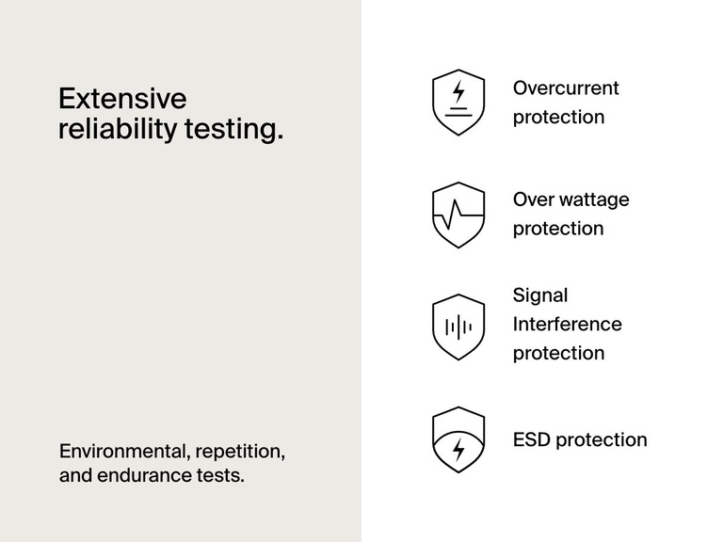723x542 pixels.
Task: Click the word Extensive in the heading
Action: [x=122, y=99]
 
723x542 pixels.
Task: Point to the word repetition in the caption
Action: [x=242, y=451]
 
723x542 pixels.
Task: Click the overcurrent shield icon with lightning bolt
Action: [x=458, y=102]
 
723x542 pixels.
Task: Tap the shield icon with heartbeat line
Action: [x=458, y=215]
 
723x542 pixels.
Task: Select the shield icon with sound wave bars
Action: [x=458, y=327]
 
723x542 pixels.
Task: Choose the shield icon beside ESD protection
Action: [x=458, y=439]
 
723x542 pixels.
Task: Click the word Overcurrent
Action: [x=566, y=88]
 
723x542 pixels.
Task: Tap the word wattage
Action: [x=594, y=199]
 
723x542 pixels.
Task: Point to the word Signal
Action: [x=540, y=295]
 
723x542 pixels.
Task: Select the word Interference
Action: [x=567, y=325]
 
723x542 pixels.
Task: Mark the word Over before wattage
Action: [x=534, y=199]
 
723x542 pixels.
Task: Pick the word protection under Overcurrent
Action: [x=558, y=118]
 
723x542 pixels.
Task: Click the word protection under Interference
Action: [x=558, y=354]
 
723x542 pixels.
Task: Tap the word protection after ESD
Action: [x=602, y=440]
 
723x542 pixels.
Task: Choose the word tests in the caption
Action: [x=223, y=475]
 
